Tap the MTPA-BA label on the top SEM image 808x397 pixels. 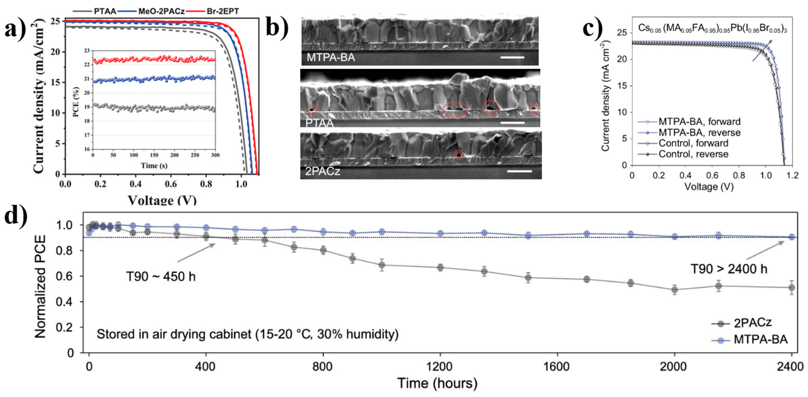point(331,58)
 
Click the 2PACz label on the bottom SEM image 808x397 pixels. point(322,171)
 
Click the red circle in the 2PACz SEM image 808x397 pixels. point(459,155)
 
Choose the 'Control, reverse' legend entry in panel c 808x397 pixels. point(693,154)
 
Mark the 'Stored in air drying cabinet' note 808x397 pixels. point(247,334)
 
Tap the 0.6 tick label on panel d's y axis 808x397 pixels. point(66,276)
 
